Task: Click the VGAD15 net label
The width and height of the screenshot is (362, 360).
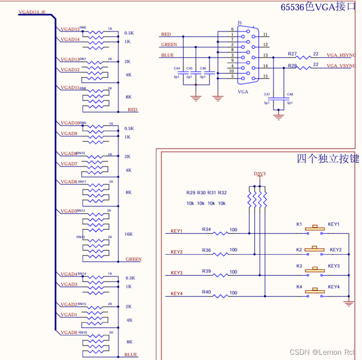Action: pos(70,29)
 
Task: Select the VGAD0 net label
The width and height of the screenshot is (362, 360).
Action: pos(69,333)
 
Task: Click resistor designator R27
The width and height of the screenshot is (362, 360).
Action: pos(292,54)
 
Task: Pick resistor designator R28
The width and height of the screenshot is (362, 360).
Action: pos(292,65)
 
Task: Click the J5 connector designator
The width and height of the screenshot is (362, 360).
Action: pos(240,23)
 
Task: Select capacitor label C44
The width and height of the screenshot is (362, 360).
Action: pos(177,69)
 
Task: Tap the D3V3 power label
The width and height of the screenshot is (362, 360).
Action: pos(259,174)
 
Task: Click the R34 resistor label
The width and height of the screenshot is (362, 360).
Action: pos(207,229)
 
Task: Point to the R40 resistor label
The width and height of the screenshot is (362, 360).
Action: pos(207,292)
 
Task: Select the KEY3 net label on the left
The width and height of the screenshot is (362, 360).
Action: pos(176,273)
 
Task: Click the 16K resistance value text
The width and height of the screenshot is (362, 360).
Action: pos(128,234)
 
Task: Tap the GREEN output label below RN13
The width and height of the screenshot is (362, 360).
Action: pos(133,260)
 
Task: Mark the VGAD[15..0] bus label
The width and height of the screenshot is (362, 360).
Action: pos(32,12)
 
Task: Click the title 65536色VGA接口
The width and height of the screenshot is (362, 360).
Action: pos(318,7)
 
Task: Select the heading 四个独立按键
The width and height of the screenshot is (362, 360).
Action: pos(328,159)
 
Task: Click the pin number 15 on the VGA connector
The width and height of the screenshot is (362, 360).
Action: pos(266,76)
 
